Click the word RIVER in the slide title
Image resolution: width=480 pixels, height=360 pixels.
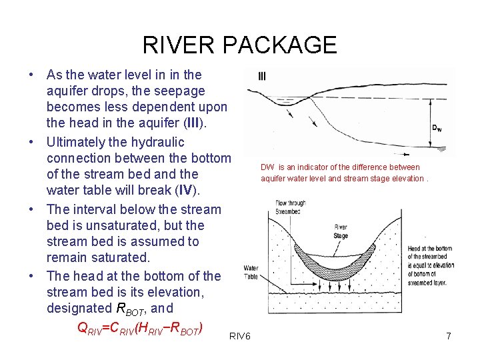[179, 45]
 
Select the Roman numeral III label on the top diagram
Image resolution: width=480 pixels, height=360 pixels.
[262, 76]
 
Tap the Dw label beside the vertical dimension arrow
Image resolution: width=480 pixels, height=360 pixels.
[437, 128]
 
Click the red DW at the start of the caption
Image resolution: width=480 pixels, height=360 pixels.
[267, 167]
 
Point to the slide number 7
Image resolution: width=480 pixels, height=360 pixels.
[449, 337]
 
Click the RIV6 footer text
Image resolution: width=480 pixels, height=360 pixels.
[239, 337]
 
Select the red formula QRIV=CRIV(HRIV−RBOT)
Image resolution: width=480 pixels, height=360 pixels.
[141, 327]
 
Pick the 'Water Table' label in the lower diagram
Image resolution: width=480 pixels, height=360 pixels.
[251, 272]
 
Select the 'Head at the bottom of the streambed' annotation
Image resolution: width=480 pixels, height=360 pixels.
[431, 263]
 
